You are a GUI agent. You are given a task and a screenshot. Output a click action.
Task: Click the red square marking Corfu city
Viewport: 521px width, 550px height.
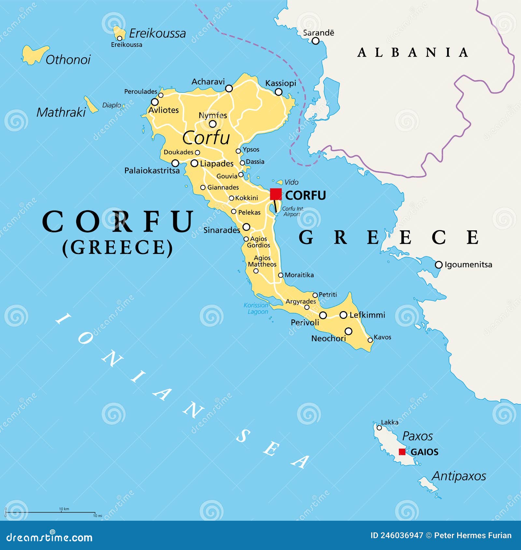pos(276,194)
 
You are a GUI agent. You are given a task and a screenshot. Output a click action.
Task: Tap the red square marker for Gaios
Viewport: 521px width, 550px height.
pos(402,452)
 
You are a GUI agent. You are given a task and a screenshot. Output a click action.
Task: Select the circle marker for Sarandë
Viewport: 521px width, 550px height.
pos(315,41)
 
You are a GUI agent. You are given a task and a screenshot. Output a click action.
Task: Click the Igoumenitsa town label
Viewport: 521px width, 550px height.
pos(468,265)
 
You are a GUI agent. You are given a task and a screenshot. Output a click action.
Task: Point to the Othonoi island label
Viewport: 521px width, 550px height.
pos(68,60)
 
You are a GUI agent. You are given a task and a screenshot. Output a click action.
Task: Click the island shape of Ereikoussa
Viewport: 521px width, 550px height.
pos(120,33)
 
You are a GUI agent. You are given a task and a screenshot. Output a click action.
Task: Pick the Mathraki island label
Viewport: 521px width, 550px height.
pos(61,112)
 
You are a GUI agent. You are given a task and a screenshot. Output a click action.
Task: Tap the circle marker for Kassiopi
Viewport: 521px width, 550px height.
pos(278,92)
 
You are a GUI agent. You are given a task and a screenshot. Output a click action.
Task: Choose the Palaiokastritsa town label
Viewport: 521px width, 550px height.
pos(152,171)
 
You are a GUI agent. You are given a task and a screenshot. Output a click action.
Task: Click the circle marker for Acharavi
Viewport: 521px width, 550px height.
pos(229,88)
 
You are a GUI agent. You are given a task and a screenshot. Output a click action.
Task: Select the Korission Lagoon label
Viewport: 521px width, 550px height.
pos(256,309)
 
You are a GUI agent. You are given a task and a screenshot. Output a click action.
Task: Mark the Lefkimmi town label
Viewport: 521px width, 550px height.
pos(367,315)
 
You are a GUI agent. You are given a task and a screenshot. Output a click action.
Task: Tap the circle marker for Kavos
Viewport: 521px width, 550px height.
pos(370,340)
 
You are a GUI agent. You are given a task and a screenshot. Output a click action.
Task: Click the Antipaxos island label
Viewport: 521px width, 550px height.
pos(459,476)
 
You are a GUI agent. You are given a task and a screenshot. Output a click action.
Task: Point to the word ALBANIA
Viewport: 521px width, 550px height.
pos(413,52)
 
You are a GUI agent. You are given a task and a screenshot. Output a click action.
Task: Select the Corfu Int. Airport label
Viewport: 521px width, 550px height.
pos(292,211)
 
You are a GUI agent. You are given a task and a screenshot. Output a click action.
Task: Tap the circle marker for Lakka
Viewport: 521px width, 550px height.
pos(379,428)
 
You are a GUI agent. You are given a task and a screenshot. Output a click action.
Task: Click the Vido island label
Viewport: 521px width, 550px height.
pos(291,182)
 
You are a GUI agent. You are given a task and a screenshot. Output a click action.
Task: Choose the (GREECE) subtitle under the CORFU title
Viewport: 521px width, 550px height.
pos(117,247)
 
